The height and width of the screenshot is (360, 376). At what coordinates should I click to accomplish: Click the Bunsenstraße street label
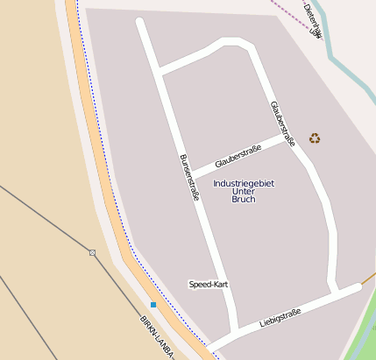[189, 178]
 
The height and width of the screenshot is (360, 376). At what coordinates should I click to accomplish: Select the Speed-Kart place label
[209, 285]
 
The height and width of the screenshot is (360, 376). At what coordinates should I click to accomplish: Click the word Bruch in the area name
[244, 200]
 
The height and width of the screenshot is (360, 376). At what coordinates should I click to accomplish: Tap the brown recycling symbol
[315, 138]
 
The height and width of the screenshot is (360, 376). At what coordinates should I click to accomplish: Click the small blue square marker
[153, 305]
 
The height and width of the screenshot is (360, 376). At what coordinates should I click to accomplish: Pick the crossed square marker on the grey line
[92, 252]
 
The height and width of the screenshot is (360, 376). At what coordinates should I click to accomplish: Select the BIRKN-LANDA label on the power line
[158, 338]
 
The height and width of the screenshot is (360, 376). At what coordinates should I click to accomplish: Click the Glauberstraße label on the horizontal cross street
[238, 155]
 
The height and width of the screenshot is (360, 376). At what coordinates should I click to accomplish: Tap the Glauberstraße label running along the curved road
[283, 124]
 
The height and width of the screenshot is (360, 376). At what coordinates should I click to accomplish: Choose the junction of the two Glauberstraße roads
[292, 138]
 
